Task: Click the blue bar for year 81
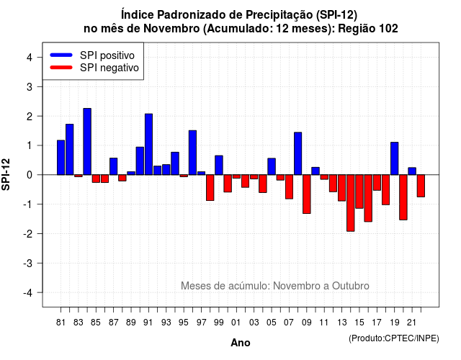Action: (x=61, y=158)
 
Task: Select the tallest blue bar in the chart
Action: (x=87, y=142)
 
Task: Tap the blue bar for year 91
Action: (x=149, y=144)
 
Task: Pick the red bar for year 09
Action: (x=307, y=194)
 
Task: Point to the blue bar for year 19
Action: (x=395, y=158)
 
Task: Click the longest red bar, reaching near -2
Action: (x=351, y=203)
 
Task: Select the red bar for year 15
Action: (x=359, y=192)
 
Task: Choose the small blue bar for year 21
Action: (x=412, y=171)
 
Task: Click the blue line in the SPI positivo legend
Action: (x=61, y=55)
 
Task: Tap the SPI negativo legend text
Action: (x=109, y=68)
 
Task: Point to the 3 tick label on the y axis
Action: (x=30, y=86)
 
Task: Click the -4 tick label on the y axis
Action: (x=28, y=293)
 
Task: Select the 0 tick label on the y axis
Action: (x=30, y=175)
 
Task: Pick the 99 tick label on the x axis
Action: (x=219, y=323)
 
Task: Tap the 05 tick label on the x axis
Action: (x=272, y=323)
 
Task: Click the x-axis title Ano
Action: (x=241, y=343)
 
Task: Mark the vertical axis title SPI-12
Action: (x=6, y=174)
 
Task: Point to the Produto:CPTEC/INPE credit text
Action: (x=394, y=338)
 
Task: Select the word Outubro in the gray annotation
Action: (x=351, y=286)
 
